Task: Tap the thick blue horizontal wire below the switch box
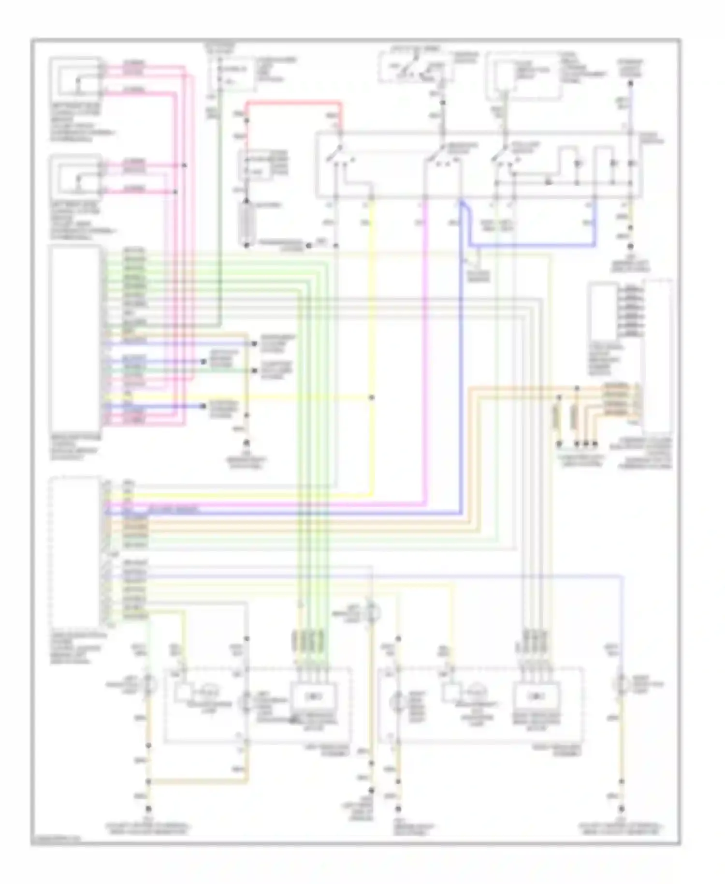(532, 246)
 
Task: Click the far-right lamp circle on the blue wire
(622, 683)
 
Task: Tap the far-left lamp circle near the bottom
(148, 683)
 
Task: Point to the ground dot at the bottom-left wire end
(148, 809)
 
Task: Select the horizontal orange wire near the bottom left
(198, 781)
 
